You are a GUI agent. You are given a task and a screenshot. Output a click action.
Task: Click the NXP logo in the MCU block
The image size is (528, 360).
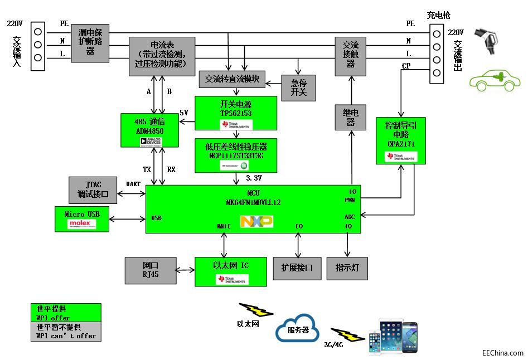(256, 222)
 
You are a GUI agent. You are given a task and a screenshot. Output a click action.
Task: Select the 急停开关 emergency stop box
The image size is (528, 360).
(298, 87)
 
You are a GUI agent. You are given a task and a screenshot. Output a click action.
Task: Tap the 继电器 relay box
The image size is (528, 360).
(350, 118)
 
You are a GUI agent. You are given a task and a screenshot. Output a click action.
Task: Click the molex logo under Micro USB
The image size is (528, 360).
(82, 224)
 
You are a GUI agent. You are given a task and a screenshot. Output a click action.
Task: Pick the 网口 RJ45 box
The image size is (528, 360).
(151, 269)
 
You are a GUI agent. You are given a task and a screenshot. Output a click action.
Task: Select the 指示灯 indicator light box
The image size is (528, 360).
(347, 268)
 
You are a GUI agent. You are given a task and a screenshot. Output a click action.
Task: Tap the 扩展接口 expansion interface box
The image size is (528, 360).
(297, 268)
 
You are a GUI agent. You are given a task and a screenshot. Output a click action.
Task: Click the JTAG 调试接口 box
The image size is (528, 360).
(93, 190)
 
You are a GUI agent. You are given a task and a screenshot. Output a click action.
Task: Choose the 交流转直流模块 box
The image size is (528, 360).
(232, 79)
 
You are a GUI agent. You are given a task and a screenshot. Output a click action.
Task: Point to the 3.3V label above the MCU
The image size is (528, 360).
(254, 178)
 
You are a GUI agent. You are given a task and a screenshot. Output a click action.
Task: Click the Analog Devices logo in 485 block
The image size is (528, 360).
(151, 142)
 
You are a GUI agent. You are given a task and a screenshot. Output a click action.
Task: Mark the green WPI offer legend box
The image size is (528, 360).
(66, 313)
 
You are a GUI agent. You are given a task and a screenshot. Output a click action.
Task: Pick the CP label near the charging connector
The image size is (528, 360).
(406, 66)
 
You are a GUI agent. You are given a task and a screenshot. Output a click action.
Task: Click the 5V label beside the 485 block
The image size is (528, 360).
(184, 113)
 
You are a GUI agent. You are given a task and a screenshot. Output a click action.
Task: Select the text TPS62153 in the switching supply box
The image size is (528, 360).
(236, 113)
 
